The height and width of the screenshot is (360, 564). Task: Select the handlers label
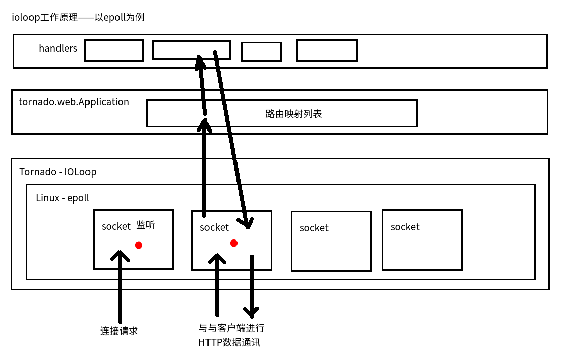(58, 49)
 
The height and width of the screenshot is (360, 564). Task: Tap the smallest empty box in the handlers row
(261, 51)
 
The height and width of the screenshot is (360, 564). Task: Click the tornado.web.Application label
(74, 102)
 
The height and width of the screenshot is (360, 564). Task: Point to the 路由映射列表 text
(293, 114)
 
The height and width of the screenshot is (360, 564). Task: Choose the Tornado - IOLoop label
(57, 172)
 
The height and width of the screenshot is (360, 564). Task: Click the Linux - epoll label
(62, 198)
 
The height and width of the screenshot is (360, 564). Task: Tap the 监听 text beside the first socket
(145, 225)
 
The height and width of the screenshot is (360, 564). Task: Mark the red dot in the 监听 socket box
(138, 245)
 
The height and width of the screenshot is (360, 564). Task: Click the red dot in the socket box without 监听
(234, 243)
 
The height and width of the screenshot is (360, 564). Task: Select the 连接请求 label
(119, 331)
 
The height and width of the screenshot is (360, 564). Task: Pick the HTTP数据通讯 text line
(229, 342)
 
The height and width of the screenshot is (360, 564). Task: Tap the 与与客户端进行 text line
(231, 328)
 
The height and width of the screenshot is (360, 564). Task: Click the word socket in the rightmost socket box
(405, 227)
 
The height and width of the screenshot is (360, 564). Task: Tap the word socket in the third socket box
(314, 228)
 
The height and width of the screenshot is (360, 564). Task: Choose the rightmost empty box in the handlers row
(326, 50)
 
